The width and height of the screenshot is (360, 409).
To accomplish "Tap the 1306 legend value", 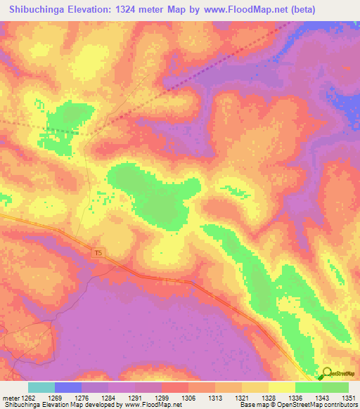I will tap(189, 398).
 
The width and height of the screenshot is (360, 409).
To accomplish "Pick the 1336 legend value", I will tap(295, 398).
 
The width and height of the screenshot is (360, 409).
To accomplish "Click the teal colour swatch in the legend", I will tap(41, 387).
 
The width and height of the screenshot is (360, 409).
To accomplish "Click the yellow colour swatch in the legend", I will tap(281, 387).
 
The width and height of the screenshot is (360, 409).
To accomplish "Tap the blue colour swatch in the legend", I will tap(68, 387).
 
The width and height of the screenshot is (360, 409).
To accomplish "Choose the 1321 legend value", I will tap(242, 398).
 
